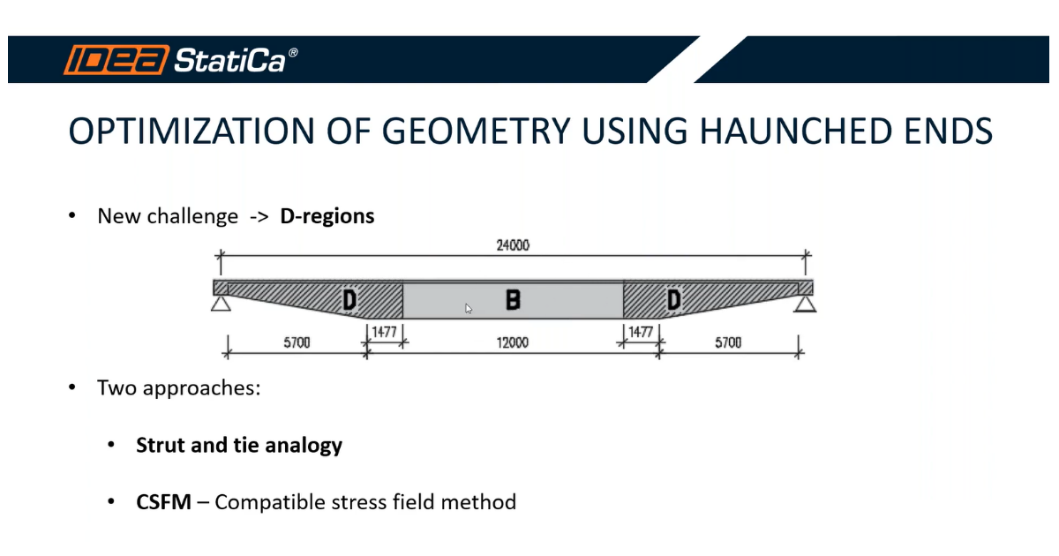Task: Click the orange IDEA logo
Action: click(x=116, y=60)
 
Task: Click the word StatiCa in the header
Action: click(x=230, y=61)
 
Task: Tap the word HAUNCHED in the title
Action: click(x=796, y=131)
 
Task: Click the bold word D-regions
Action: click(x=327, y=216)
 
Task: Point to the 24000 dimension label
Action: click(x=513, y=245)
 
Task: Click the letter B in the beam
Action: click(x=513, y=300)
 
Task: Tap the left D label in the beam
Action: click(x=349, y=300)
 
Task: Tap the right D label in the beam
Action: click(x=673, y=300)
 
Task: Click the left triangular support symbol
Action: click(x=221, y=304)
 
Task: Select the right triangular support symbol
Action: click(x=805, y=304)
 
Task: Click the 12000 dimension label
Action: click(x=513, y=342)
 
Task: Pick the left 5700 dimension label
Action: click(x=297, y=342)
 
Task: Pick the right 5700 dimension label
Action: click(x=728, y=342)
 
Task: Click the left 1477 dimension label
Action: click(x=385, y=332)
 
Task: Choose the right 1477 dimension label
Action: click(x=641, y=332)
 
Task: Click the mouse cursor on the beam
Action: click(x=469, y=309)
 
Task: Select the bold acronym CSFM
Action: click(x=163, y=502)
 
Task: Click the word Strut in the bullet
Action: click(x=161, y=446)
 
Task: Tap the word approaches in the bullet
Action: click(x=202, y=388)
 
